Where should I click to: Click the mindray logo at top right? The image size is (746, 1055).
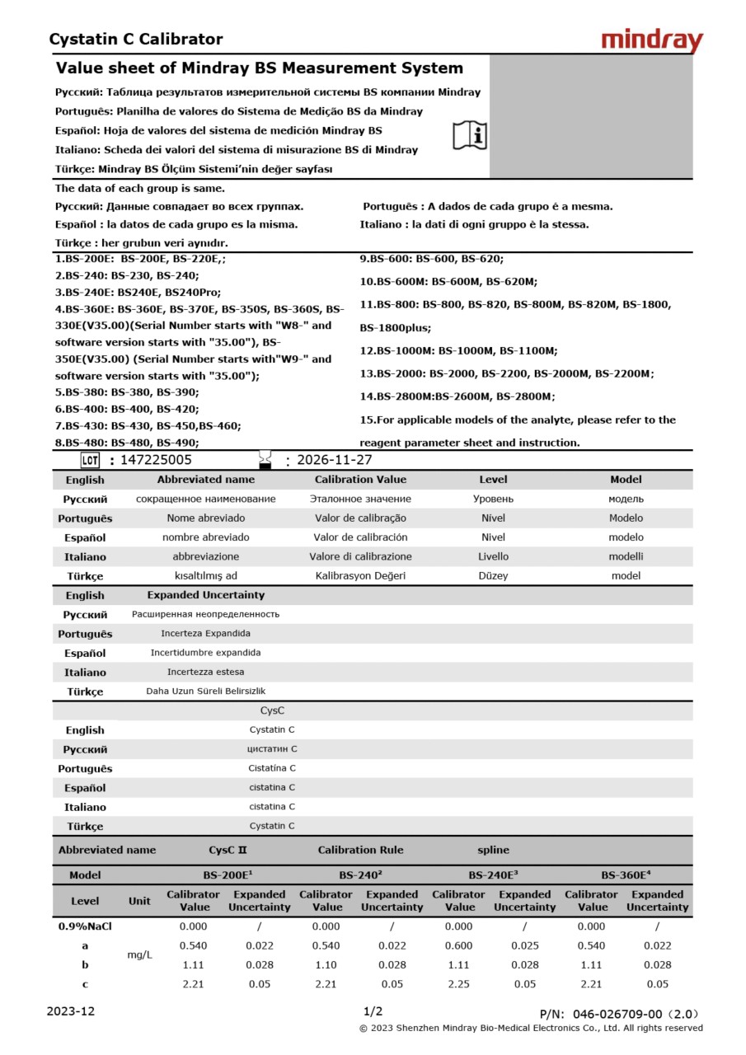click(652, 40)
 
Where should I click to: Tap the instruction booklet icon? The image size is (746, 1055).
click(470, 135)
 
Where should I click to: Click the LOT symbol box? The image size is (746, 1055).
click(91, 460)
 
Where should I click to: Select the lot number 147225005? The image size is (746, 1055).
click(156, 460)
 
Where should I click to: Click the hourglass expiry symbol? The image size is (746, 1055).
click(265, 459)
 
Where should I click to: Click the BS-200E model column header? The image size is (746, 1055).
click(228, 875)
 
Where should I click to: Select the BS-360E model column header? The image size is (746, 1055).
click(626, 875)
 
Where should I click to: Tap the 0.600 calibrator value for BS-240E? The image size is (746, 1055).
click(458, 945)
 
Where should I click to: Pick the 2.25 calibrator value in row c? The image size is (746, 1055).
click(458, 983)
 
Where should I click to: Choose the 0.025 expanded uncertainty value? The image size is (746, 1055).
click(525, 945)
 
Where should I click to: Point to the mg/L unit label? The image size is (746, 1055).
click(139, 954)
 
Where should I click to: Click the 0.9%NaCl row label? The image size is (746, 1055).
click(85, 926)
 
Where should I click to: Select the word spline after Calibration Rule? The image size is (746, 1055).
click(493, 850)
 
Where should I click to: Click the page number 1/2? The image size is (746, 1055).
click(373, 1011)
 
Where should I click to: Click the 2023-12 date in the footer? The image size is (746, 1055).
click(71, 1011)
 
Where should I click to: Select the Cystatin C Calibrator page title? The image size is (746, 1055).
click(136, 39)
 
